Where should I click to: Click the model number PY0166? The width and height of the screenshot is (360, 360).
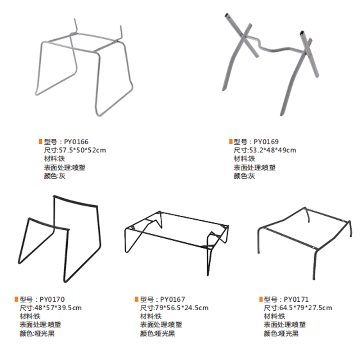tap(76, 141)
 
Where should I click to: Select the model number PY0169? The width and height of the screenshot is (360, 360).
tap(266, 141)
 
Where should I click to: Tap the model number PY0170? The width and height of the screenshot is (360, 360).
tap(52, 299)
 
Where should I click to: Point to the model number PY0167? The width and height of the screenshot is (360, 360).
tap(172, 299)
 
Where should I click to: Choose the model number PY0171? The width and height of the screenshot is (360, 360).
tap(296, 299)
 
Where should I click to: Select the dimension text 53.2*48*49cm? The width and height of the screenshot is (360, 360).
tap(273, 150)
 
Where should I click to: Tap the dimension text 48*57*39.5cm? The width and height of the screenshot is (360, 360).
tap(58, 308)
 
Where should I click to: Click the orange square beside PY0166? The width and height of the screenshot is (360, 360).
tap(41, 141)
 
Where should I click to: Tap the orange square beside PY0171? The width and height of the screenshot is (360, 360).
tap(261, 299)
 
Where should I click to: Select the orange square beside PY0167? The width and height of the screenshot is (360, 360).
tap(137, 299)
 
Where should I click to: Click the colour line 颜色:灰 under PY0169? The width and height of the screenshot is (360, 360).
tap(244, 176)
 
